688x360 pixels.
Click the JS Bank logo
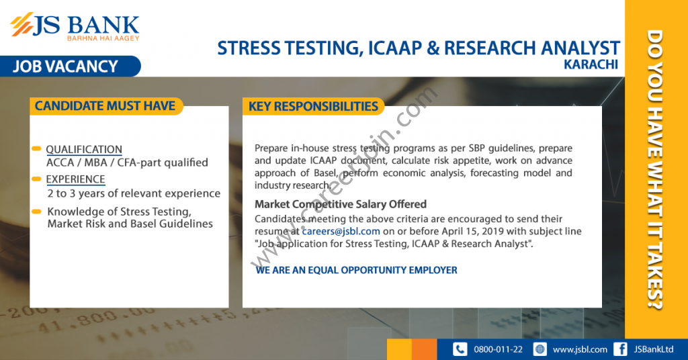pos(75,27)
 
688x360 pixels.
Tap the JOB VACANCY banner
pos(70,66)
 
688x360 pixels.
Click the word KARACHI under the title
pos(591,64)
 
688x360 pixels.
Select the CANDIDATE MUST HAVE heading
pos(105,106)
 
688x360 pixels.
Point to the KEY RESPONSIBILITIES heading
pos(313,107)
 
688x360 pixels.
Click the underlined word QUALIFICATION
pos(84,150)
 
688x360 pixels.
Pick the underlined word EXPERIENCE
pos(75,179)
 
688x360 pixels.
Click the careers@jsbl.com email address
pos(341,231)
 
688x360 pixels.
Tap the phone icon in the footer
pos(460,349)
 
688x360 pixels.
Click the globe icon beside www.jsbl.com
pos(540,349)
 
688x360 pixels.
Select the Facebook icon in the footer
pos(620,349)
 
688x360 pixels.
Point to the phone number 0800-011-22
pos(498,349)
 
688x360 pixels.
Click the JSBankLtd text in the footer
pos(653,349)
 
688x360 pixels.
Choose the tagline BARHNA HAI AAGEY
pos(103,38)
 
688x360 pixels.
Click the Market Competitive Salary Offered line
pos(341,204)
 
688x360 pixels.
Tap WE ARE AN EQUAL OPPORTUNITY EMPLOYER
pos(356,270)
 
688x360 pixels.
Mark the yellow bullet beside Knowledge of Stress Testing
pos(36,212)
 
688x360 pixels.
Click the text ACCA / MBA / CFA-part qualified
pos(127,163)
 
